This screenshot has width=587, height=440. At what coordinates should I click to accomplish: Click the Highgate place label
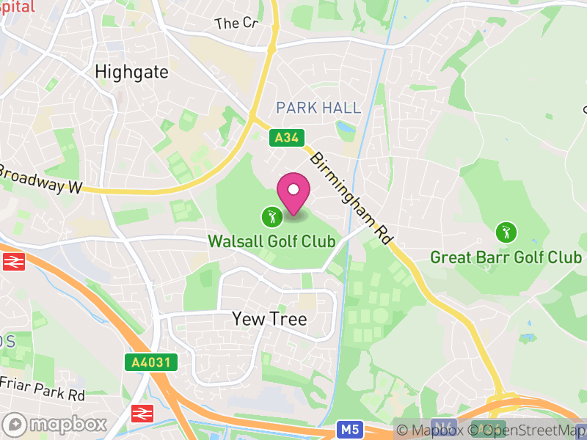[x=132, y=72]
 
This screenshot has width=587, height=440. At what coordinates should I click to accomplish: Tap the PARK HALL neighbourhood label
[x=318, y=108]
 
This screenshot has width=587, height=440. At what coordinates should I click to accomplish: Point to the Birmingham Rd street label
[x=351, y=198]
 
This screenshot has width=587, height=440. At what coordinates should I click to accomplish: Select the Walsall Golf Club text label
[x=272, y=241]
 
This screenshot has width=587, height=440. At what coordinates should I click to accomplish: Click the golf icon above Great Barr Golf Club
[x=506, y=232]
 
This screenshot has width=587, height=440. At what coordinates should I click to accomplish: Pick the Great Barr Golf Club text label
[x=506, y=257]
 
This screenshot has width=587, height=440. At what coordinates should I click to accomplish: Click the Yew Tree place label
[x=269, y=319]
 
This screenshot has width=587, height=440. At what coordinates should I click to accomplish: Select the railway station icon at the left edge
[x=13, y=262]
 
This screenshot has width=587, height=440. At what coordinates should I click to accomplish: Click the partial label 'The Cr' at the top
[x=237, y=23]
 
